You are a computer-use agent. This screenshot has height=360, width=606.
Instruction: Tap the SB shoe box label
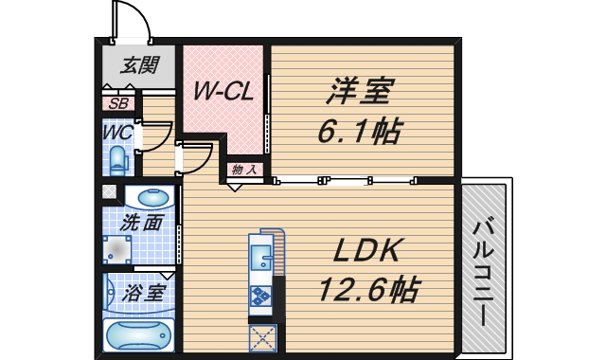click(x=119, y=104)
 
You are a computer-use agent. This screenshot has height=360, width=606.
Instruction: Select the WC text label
click(x=117, y=132)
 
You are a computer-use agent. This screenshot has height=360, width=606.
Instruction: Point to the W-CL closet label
click(x=223, y=91)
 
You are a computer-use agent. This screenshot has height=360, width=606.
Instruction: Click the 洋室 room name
click(x=361, y=93)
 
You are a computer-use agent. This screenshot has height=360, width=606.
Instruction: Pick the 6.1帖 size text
click(x=358, y=131)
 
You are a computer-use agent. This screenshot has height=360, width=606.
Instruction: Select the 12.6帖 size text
click(x=367, y=286)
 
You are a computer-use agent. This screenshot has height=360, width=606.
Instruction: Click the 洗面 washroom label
click(x=141, y=224)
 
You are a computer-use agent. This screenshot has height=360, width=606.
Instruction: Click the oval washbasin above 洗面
click(x=153, y=199)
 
